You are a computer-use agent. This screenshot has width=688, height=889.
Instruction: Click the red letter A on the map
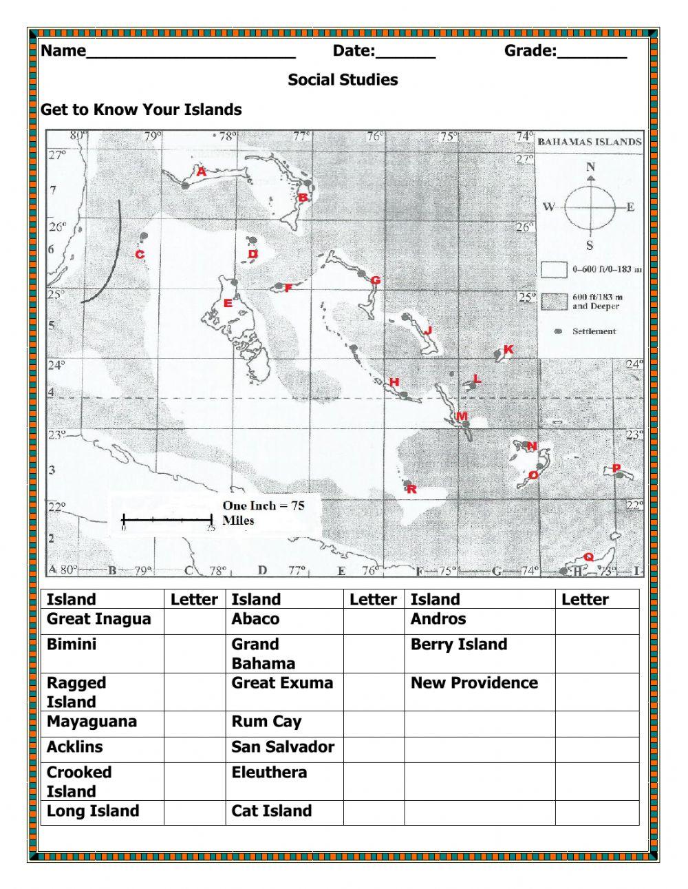[x=201, y=172]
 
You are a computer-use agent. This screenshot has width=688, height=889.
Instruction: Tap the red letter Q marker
[x=588, y=556]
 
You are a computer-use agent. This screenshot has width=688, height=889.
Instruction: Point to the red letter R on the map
[x=411, y=490]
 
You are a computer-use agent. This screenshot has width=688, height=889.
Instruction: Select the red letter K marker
[x=508, y=350]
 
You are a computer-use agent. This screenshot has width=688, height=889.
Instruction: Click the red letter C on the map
[x=140, y=255]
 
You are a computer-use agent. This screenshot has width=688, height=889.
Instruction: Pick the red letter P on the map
[x=616, y=468]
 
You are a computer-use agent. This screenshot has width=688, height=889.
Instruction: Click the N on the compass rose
[x=590, y=167]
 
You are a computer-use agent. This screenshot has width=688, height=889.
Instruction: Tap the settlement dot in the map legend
[x=558, y=331]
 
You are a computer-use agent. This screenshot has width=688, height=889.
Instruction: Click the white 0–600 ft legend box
[x=552, y=269]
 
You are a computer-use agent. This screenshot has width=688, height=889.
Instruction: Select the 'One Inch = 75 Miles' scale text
[x=263, y=513]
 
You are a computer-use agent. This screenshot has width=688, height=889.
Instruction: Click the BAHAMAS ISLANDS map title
[x=589, y=142]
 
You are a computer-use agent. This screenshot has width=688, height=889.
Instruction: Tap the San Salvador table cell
[x=283, y=748]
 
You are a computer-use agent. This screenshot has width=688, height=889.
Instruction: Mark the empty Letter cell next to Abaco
[x=374, y=620]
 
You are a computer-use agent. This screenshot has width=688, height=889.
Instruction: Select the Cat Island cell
[x=283, y=812]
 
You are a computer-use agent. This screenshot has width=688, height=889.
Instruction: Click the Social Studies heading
[x=343, y=80]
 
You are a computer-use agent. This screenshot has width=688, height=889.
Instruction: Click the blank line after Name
[x=191, y=52]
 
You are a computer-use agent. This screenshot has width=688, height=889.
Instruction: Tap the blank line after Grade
[x=592, y=52]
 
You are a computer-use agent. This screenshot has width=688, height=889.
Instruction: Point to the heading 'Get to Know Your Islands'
[x=141, y=109]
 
